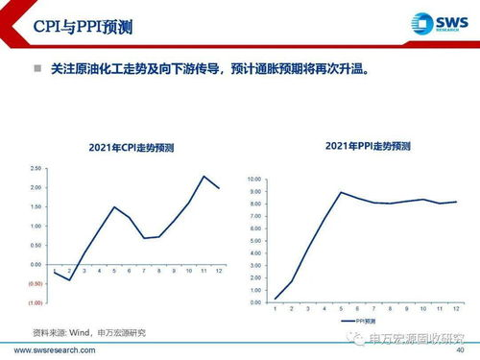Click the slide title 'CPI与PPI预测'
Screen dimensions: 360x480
[x=72, y=26]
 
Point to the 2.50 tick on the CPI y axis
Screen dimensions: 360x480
[x=35, y=168]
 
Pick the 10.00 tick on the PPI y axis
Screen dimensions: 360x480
[x=254, y=180]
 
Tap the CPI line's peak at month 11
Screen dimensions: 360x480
[x=204, y=176]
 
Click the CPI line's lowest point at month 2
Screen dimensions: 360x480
[x=69, y=279]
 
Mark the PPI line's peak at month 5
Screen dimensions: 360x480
[x=340, y=192]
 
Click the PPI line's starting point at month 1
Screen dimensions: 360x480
[x=276, y=299]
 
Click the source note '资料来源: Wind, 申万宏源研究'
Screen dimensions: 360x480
[x=90, y=332]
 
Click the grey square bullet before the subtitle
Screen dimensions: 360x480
[x=37, y=69]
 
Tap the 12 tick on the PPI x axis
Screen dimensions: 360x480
[x=453, y=308]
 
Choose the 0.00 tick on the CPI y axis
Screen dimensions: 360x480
[x=35, y=264]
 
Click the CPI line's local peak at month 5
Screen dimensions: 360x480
[x=114, y=206]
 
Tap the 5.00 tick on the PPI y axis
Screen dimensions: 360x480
[x=256, y=241]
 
